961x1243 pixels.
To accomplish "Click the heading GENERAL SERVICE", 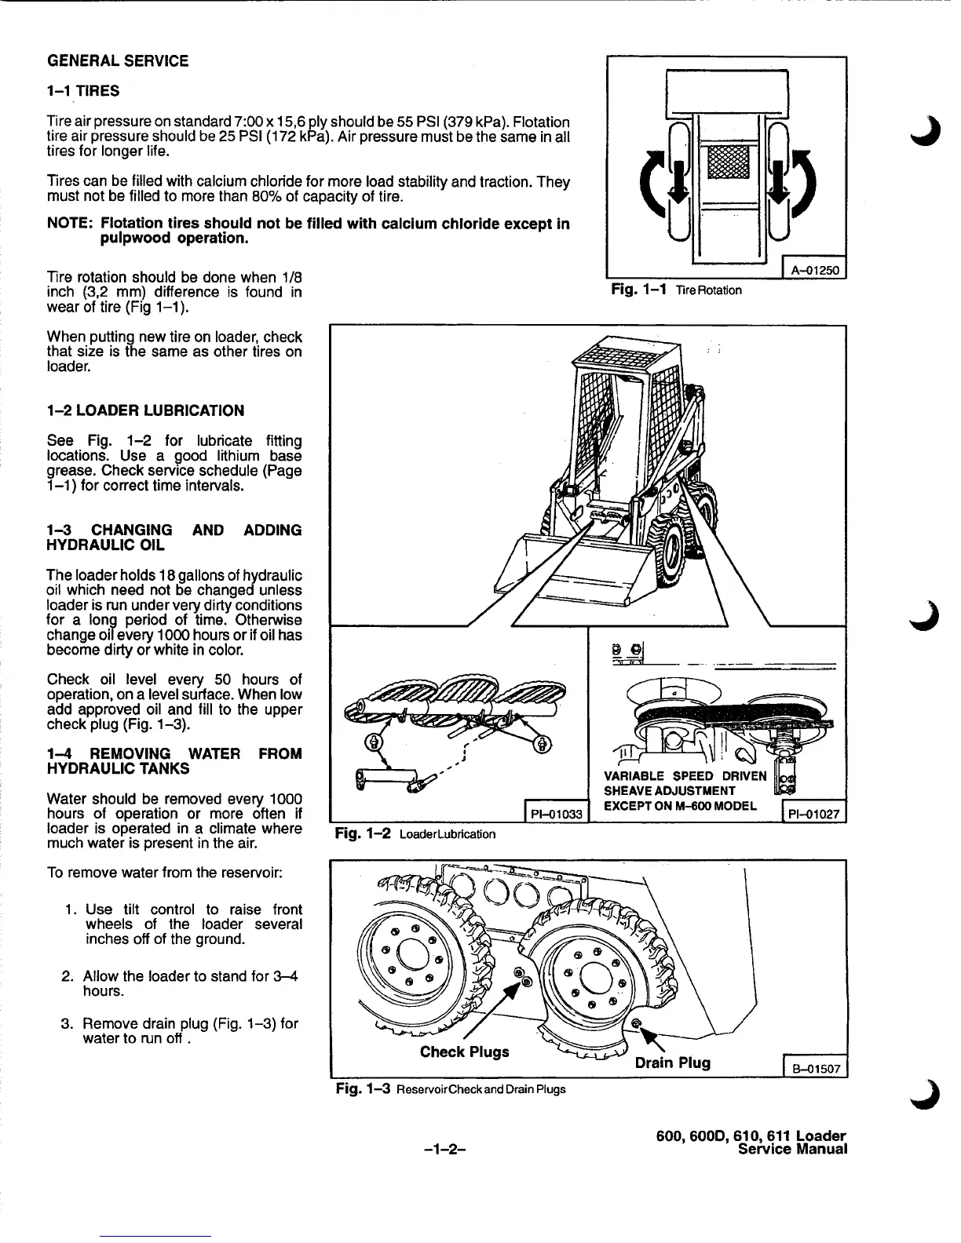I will (118, 61).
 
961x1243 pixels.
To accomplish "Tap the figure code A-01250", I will (815, 272).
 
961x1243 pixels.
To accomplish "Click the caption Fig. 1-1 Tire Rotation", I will (676, 290).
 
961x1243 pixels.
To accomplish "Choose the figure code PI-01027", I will (813, 815).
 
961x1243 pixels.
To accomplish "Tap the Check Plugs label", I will (464, 1052).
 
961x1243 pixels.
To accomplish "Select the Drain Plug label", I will (672, 1063).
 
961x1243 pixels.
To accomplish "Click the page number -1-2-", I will (445, 1149).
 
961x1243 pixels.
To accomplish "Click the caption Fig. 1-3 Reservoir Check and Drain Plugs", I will (450, 1089).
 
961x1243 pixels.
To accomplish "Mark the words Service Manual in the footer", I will (793, 1150).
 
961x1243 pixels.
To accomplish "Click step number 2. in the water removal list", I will (68, 977).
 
